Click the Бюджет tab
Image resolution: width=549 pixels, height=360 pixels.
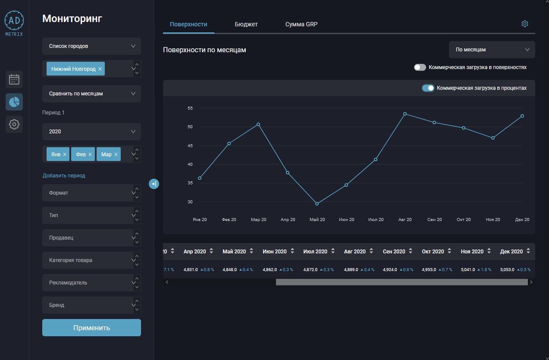(x=246, y=24)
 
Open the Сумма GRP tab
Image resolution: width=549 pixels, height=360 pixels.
(x=301, y=24)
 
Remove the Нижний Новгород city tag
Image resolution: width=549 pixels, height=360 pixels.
(x=100, y=69)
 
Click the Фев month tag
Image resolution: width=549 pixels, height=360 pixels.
(x=83, y=154)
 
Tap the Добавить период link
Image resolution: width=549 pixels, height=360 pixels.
(x=64, y=176)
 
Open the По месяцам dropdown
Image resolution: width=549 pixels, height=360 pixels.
(x=492, y=50)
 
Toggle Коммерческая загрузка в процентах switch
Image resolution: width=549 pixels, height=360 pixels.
(x=428, y=88)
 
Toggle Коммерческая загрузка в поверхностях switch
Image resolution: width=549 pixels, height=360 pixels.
(x=420, y=67)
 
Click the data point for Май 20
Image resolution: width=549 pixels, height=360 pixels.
(x=317, y=204)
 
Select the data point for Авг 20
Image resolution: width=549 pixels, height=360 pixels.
(x=405, y=114)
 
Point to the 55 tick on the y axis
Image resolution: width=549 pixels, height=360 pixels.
(x=190, y=108)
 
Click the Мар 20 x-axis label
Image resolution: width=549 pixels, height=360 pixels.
(x=258, y=219)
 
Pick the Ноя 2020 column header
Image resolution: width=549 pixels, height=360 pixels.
(x=472, y=251)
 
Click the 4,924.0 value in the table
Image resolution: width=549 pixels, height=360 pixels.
(x=390, y=269)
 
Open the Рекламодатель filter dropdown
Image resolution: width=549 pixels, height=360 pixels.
(x=91, y=282)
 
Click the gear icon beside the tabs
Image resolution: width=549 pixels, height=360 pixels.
(x=524, y=24)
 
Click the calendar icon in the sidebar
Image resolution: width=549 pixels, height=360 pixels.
(x=14, y=79)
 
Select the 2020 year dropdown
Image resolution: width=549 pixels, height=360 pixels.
(x=91, y=132)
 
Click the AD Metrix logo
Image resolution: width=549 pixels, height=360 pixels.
(x=14, y=24)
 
